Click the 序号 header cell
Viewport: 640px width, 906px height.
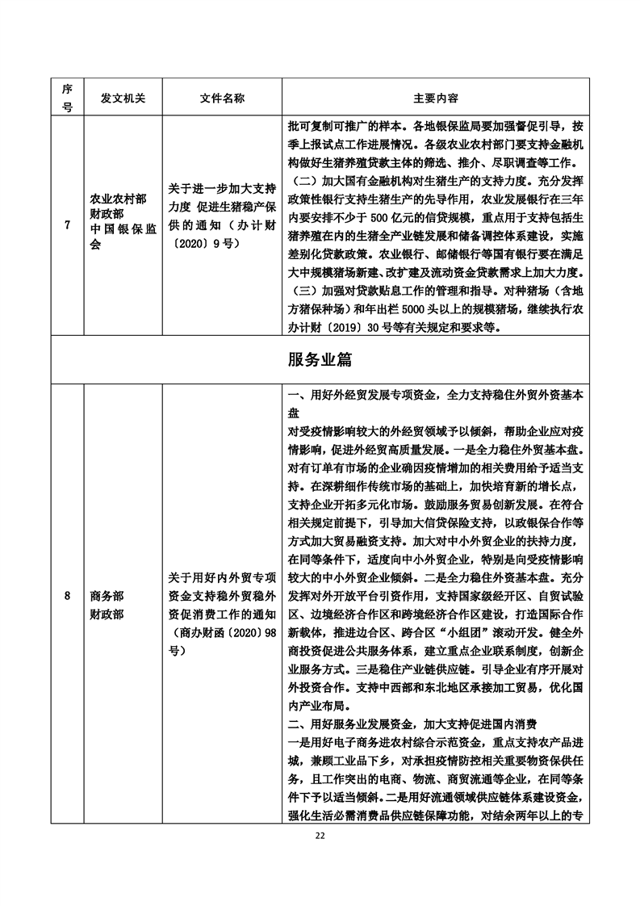(x=67, y=97)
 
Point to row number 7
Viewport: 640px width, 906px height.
(x=67, y=224)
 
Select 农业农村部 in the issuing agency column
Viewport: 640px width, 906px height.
(x=118, y=199)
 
